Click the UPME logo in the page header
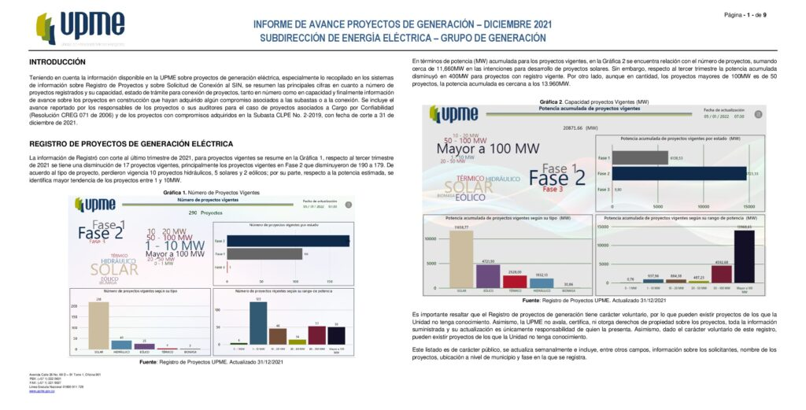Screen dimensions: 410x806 pyautogui.click(x=80, y=28)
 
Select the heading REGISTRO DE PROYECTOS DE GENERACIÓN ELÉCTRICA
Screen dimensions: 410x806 pyautogui.click(x=131, y=144)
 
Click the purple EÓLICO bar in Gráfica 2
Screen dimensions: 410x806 pyautogui.click(x=488, y=276)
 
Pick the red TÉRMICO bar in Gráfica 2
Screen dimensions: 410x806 pyautogui.click(x=515, y=281)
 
